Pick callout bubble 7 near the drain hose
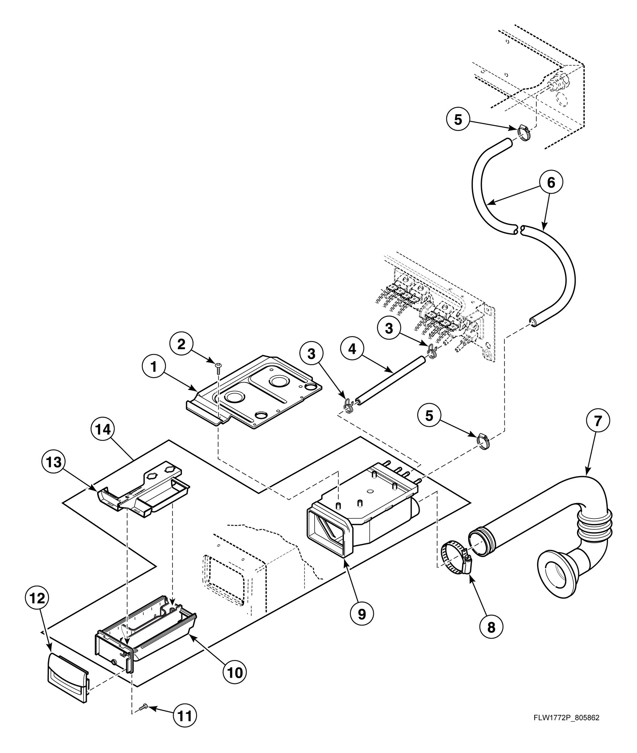click(598, 421)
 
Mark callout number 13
click(53, 462)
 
